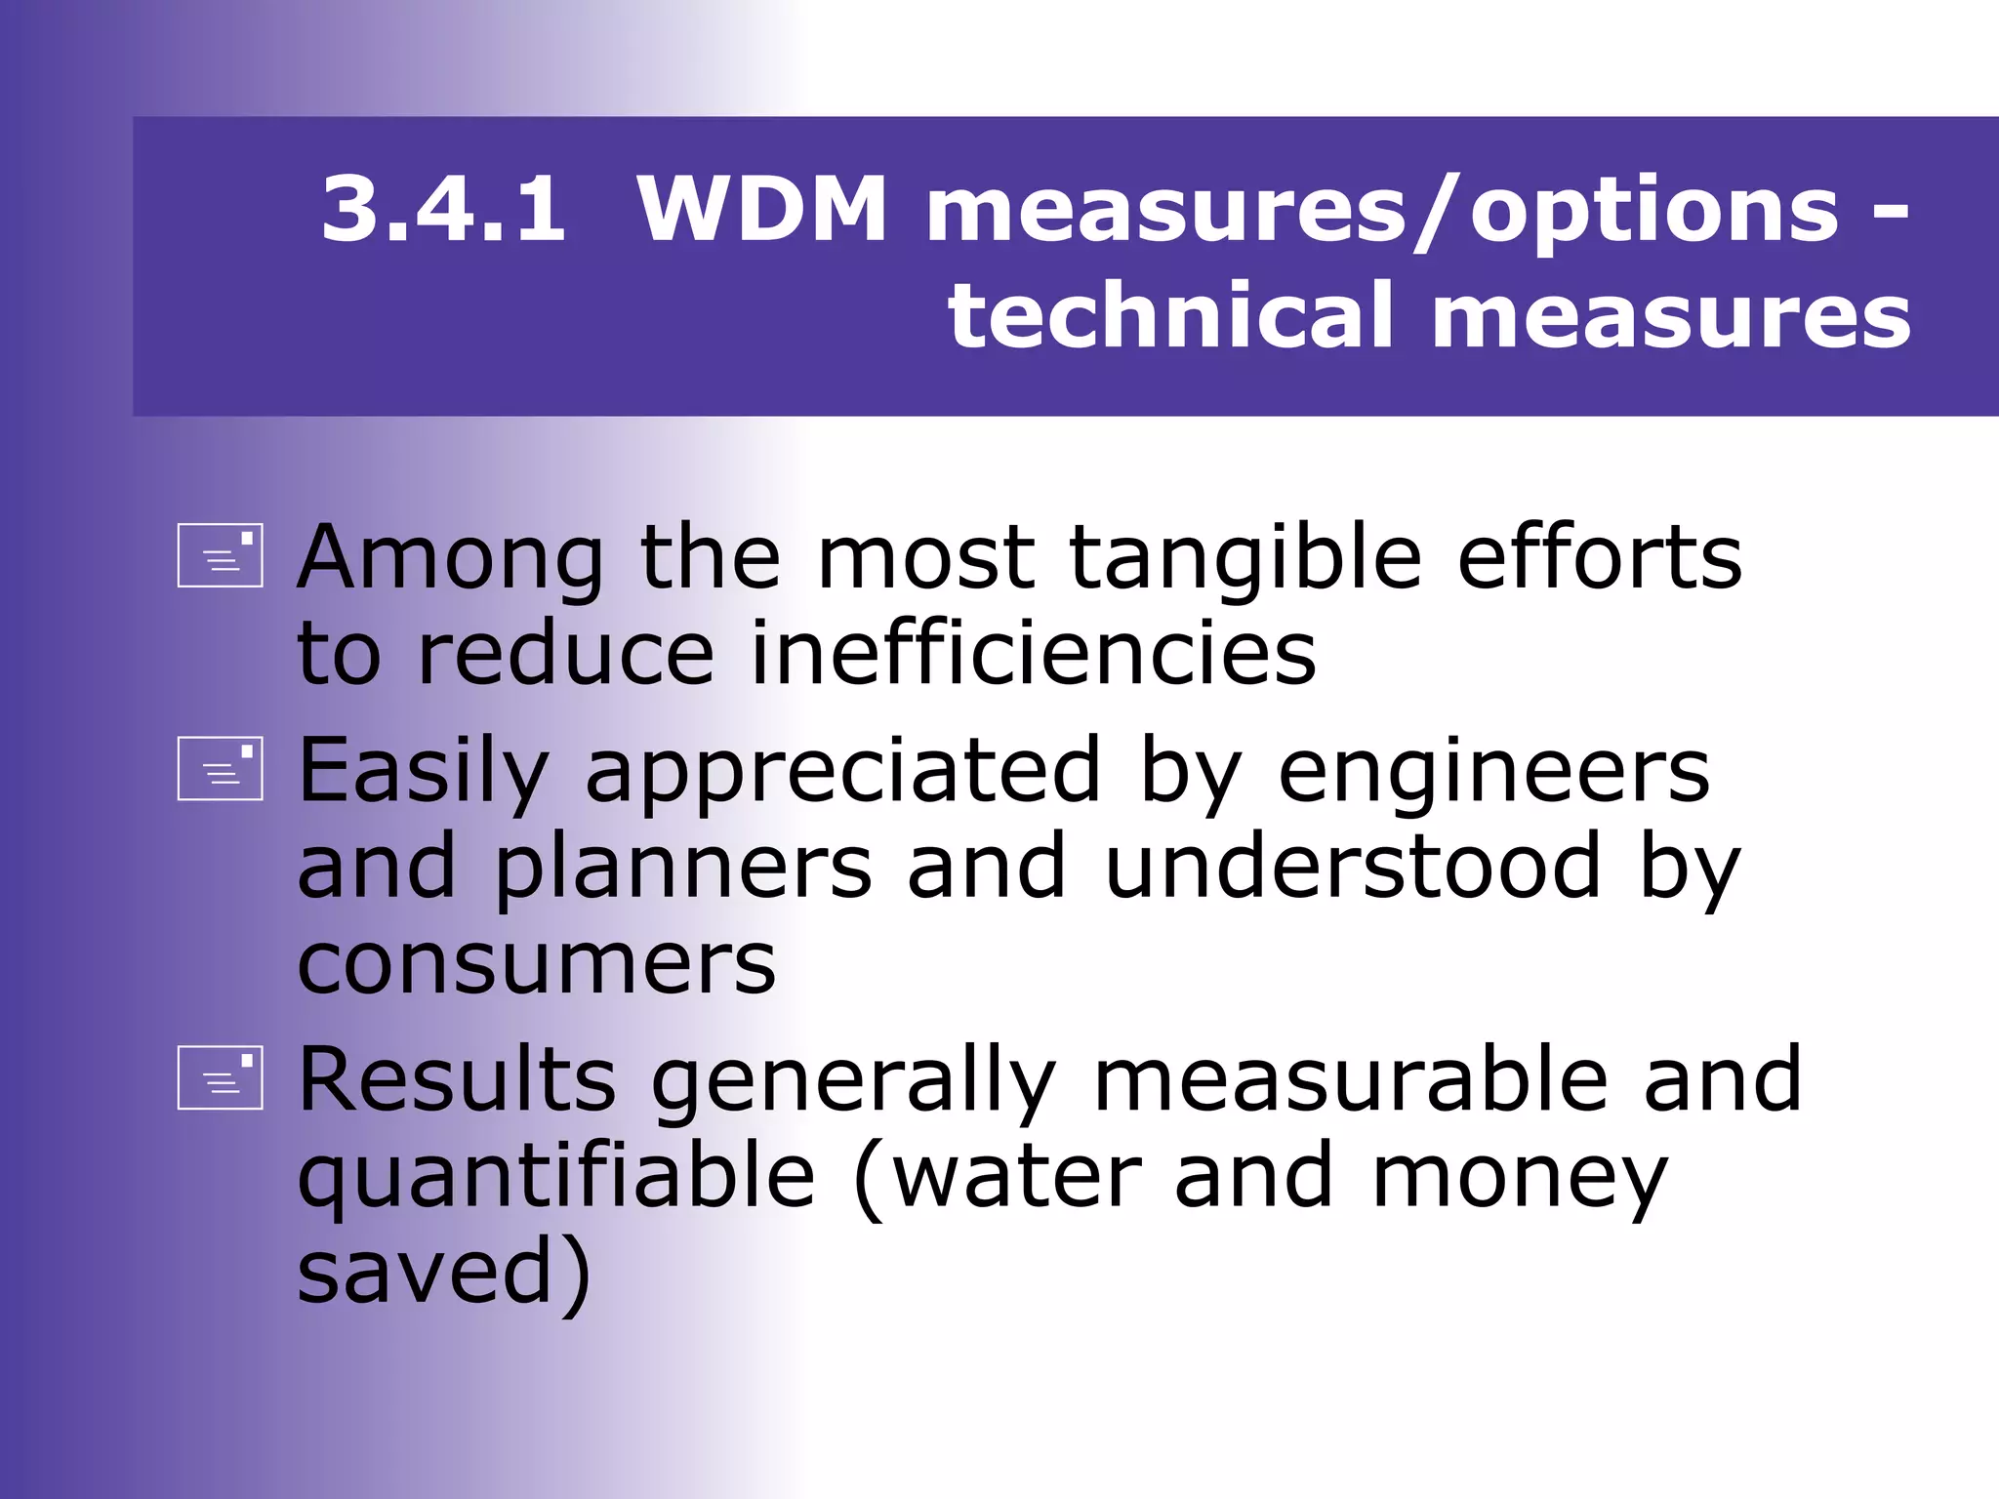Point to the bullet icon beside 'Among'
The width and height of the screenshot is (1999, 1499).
221,556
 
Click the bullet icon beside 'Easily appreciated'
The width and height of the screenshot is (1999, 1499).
221,768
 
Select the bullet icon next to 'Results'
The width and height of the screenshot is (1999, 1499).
221,1078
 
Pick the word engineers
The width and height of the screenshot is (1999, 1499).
1493,771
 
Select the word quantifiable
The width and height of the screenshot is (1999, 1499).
556,1176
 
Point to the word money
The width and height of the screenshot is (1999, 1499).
1519,1176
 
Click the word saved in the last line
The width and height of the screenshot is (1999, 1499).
429,1270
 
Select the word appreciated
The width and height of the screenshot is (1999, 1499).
844,771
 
